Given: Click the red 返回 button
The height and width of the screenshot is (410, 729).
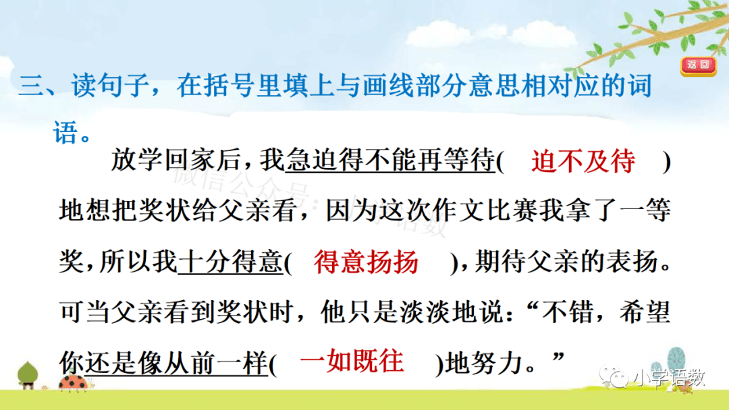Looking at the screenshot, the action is (x=699, y=65).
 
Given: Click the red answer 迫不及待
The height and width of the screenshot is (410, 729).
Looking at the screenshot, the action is (x=583, y=161).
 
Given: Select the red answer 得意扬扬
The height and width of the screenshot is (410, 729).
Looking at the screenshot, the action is (x=366, y=262).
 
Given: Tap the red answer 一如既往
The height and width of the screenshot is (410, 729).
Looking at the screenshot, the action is (x=352, y=361).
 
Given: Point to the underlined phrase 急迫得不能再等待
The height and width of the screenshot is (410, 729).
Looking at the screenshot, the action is (x=390, y=160).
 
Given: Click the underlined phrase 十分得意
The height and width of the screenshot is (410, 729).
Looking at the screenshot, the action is (x=230, y=262).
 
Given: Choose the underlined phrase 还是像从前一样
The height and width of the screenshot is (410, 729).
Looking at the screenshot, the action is (x=177, y=362).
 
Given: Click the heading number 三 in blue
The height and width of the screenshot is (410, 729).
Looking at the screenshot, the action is (x=31, y=86).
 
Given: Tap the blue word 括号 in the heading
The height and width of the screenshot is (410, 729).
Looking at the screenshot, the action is (x=242, y=86).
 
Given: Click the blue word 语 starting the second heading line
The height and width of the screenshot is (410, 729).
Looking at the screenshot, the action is (x=65, y=134).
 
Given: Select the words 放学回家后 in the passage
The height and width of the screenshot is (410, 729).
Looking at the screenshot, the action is (x=175, y=160).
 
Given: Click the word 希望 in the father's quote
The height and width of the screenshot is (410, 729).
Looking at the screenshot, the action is (x=645, y=312).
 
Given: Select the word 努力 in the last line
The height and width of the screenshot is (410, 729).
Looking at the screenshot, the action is (x=497, y=362).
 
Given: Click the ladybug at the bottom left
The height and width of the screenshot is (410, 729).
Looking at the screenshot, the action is (x=74, y=382).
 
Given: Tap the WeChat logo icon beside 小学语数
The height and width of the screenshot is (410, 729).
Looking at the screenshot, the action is (x=614, y=378).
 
